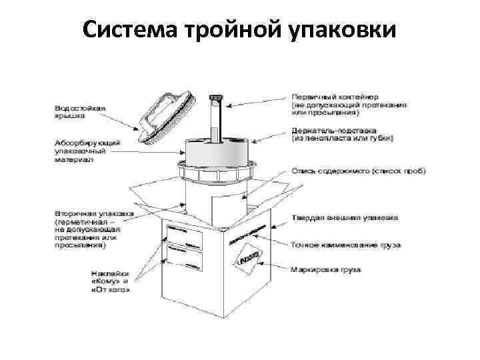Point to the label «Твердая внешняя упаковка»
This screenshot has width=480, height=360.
click(345, 218)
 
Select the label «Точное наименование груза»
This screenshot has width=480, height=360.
click(345, 245)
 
